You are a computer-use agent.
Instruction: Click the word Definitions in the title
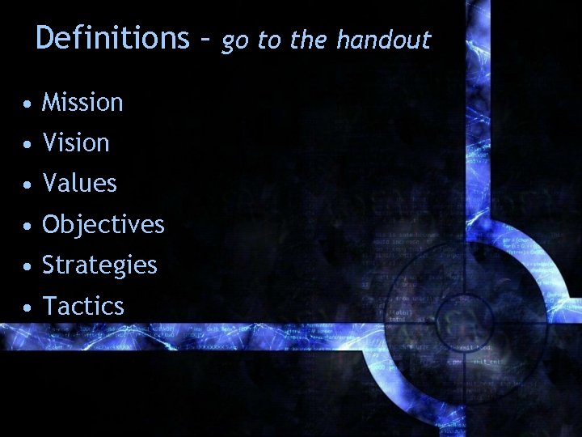tap(112, 38)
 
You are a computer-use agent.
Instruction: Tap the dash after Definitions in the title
tap(205, 40)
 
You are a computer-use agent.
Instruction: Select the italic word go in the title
tap(235, 41)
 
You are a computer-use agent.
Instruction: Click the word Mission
tap(82, 103)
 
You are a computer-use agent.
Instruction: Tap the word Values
tap(79, 184)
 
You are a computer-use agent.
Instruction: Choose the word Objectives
tap(103, 224)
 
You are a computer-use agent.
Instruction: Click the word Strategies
tap(99, 265)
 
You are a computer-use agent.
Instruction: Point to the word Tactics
tap(82, 306)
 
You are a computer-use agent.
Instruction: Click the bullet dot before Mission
tap(28, 104)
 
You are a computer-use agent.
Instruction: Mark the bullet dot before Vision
tap(28, 145)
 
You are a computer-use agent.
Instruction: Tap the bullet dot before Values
tap(28, 185)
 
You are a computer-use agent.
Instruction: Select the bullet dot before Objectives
tap(28, 226)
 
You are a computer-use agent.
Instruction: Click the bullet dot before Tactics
tap(28, 308)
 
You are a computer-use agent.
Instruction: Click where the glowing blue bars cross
tap(478, 334)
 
